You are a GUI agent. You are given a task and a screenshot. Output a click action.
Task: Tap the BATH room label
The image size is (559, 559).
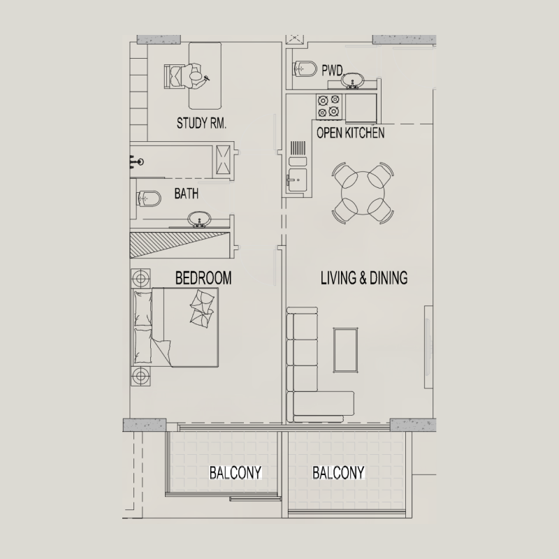click(x=186, y=194)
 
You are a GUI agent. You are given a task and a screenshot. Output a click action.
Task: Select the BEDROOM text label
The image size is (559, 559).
click(x=203, y=278)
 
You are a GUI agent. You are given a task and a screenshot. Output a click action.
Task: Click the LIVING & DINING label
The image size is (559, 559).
click(x=363, y=278)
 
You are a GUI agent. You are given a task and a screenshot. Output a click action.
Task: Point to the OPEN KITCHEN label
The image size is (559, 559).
click(x=350, y=133)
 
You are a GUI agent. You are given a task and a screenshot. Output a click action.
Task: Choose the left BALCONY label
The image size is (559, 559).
click(x=235, y=473)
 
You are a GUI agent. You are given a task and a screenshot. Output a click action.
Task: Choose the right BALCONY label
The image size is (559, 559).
click(x=338, y=473)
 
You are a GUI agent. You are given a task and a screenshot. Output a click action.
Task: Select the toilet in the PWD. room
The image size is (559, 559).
click(x=304, y=69)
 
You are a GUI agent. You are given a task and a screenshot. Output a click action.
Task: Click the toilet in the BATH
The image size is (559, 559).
click(x=147, y=198)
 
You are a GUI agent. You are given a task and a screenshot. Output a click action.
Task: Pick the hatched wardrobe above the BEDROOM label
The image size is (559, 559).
click(x=180, y=245)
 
